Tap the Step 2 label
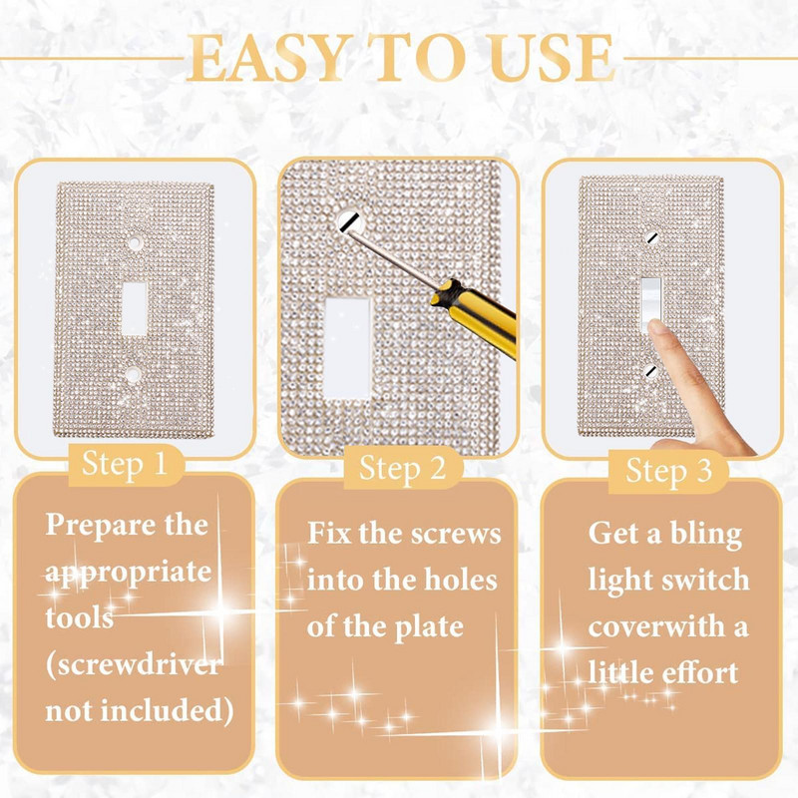pyautogui.click(x=401, y=468)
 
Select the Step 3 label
pyautogui.click(x=669, y=471)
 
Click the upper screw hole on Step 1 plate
pyautogui.click(x=133, y=242)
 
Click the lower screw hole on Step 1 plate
pyautogui.click(x=133, y=377)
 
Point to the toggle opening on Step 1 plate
pyautogui.click(x=133, y=309)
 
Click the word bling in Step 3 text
pyautogui.click(x=705, y=534)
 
